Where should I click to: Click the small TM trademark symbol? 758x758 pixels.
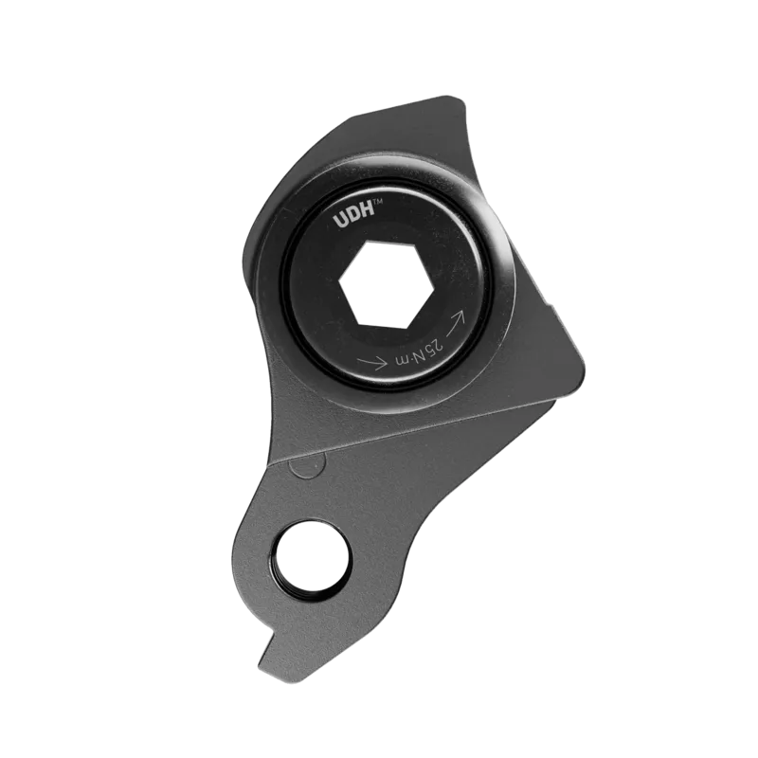pyautogui.click(x=379, y=204)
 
